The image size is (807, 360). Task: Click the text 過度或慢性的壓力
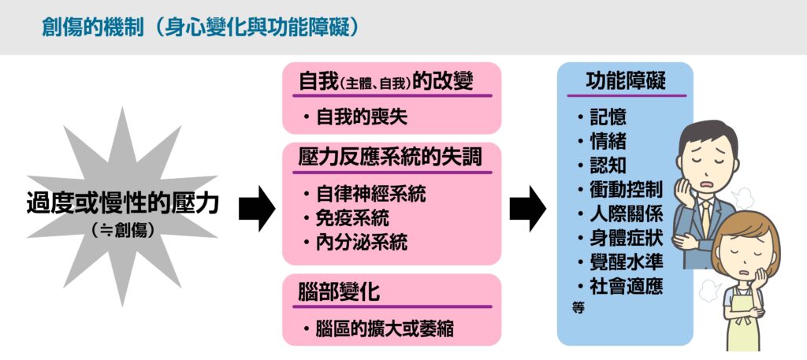tap(121, 206)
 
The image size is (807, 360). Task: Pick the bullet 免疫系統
tap(351, 217)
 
